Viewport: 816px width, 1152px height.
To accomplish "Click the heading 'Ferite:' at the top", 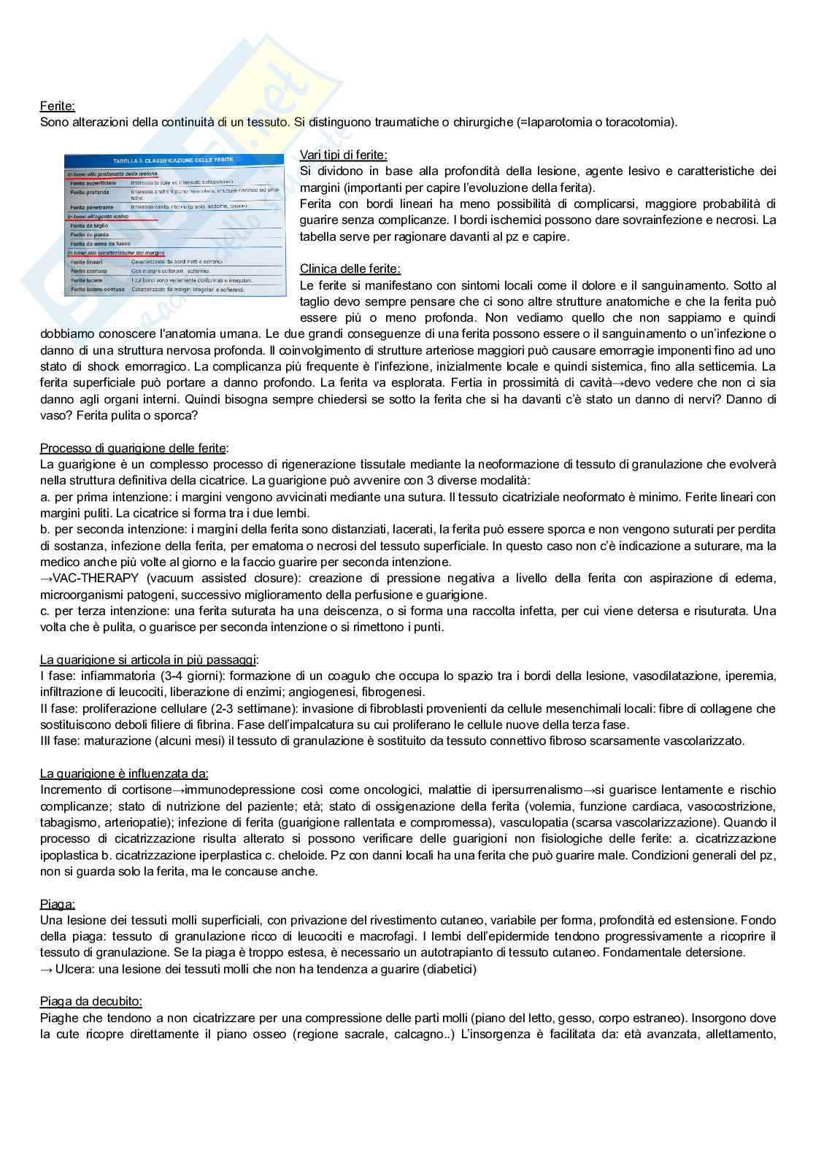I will [57, 106].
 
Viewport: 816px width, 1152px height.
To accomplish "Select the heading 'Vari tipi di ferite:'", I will [343, 155].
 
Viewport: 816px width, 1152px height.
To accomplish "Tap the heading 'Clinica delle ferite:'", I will [350, 269].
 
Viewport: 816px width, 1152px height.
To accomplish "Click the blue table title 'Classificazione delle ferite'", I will [174, 161].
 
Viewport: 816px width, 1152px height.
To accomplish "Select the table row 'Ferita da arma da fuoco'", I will [101, 244].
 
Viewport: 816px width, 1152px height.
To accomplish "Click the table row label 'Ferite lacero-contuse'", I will [97, 289].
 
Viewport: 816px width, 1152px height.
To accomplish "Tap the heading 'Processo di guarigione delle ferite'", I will [133, 448].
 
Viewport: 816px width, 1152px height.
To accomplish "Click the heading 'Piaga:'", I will [58, 905].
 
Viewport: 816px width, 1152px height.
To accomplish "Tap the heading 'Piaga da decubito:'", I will [91, 1002].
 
